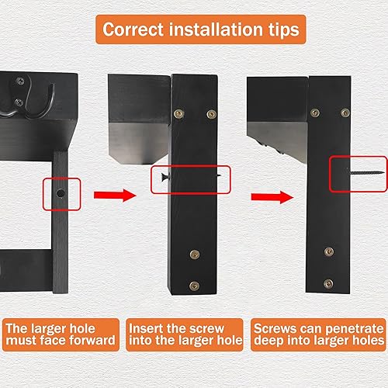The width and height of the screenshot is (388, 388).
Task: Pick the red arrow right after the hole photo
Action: [109, 193]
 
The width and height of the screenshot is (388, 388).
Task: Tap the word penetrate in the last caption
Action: [351, 327]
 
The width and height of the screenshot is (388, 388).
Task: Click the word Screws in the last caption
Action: [272, 327]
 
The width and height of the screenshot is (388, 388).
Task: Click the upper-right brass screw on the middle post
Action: [211, 114]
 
